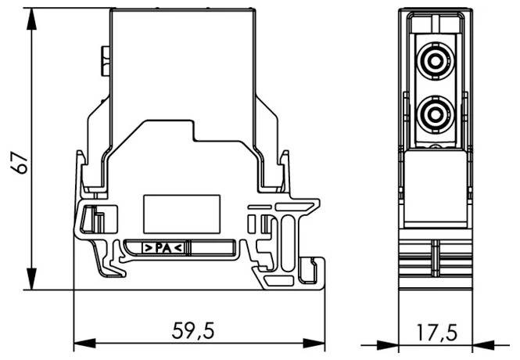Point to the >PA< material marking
pos(163,248)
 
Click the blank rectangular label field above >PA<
pos(180,211)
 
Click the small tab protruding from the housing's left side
pos(104,61)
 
